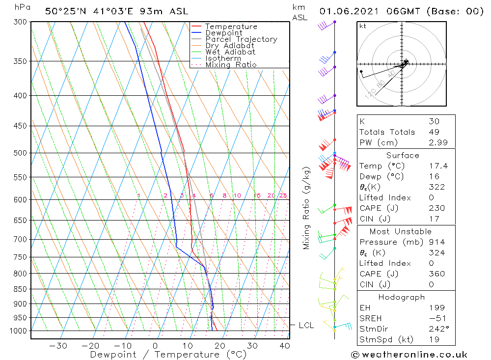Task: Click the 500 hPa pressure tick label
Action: (x=20, y=153)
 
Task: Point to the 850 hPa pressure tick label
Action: (x=20, y=289)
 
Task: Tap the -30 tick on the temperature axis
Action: (x=58, y=345)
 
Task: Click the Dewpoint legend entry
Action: (x=224, y=33)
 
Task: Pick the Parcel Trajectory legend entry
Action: (x=241, y=39)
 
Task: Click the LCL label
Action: (x=306, y=325)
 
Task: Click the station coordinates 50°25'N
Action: (x=61, y=11)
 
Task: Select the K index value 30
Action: (x=434, y=121)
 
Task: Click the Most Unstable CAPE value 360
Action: (x=436, y=274)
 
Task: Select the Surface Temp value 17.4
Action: (x=438, y=166)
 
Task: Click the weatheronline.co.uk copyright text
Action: (x=409, y=355)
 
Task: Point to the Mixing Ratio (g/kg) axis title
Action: (x=306, y=208)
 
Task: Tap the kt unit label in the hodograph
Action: (x=363, y=26)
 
